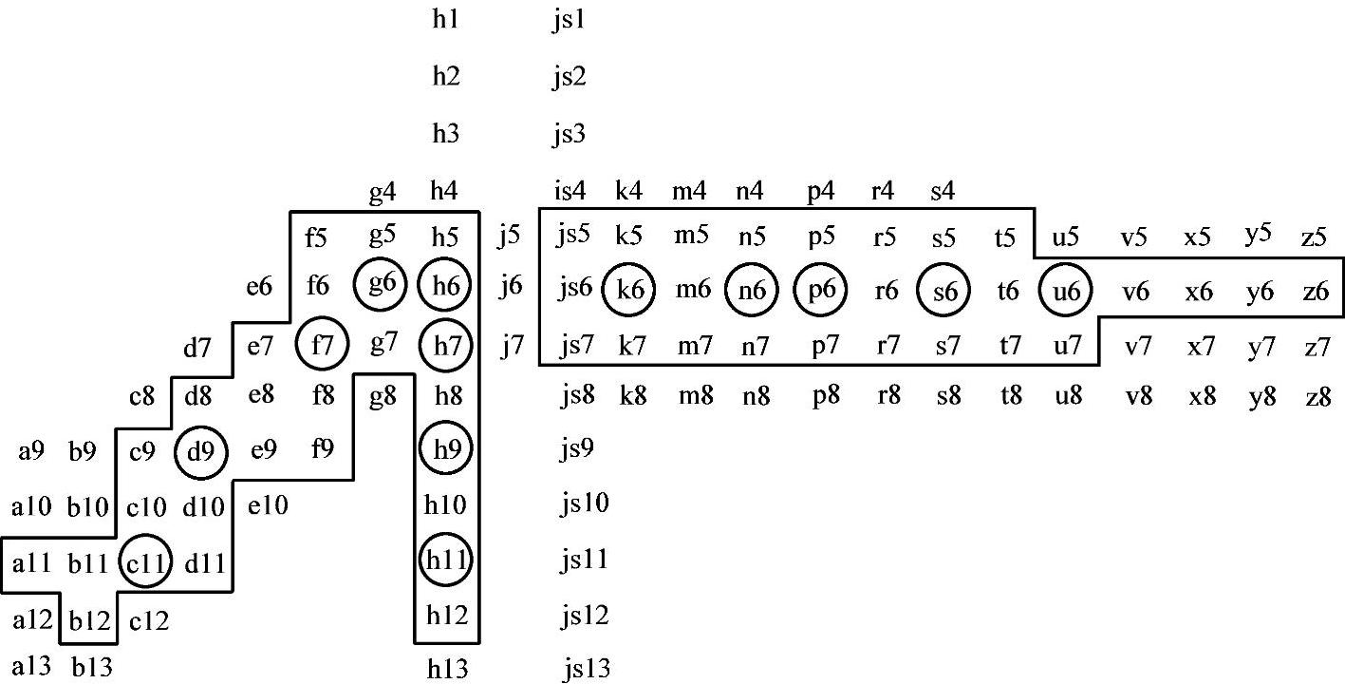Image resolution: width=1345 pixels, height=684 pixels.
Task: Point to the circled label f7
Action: pos(323,345)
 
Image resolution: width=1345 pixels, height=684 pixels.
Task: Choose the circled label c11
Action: pos(147,564)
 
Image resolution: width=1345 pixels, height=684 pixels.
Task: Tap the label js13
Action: pos(581,669)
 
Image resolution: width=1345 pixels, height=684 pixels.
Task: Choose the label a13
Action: pos(34,663)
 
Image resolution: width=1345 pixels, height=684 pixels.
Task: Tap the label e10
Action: pos(268,506)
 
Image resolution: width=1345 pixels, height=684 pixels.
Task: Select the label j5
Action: pos(511,234)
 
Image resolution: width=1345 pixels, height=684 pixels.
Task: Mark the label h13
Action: pos(448,669)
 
